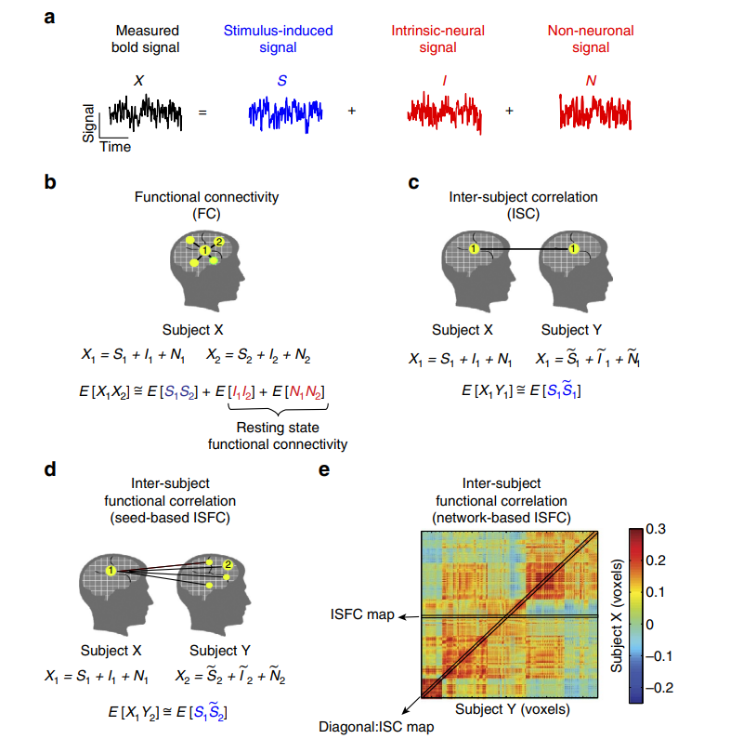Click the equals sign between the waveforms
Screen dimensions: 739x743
(202, 112)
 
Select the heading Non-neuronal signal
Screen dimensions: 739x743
(591, 39)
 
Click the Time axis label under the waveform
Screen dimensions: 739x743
(115, 147)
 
